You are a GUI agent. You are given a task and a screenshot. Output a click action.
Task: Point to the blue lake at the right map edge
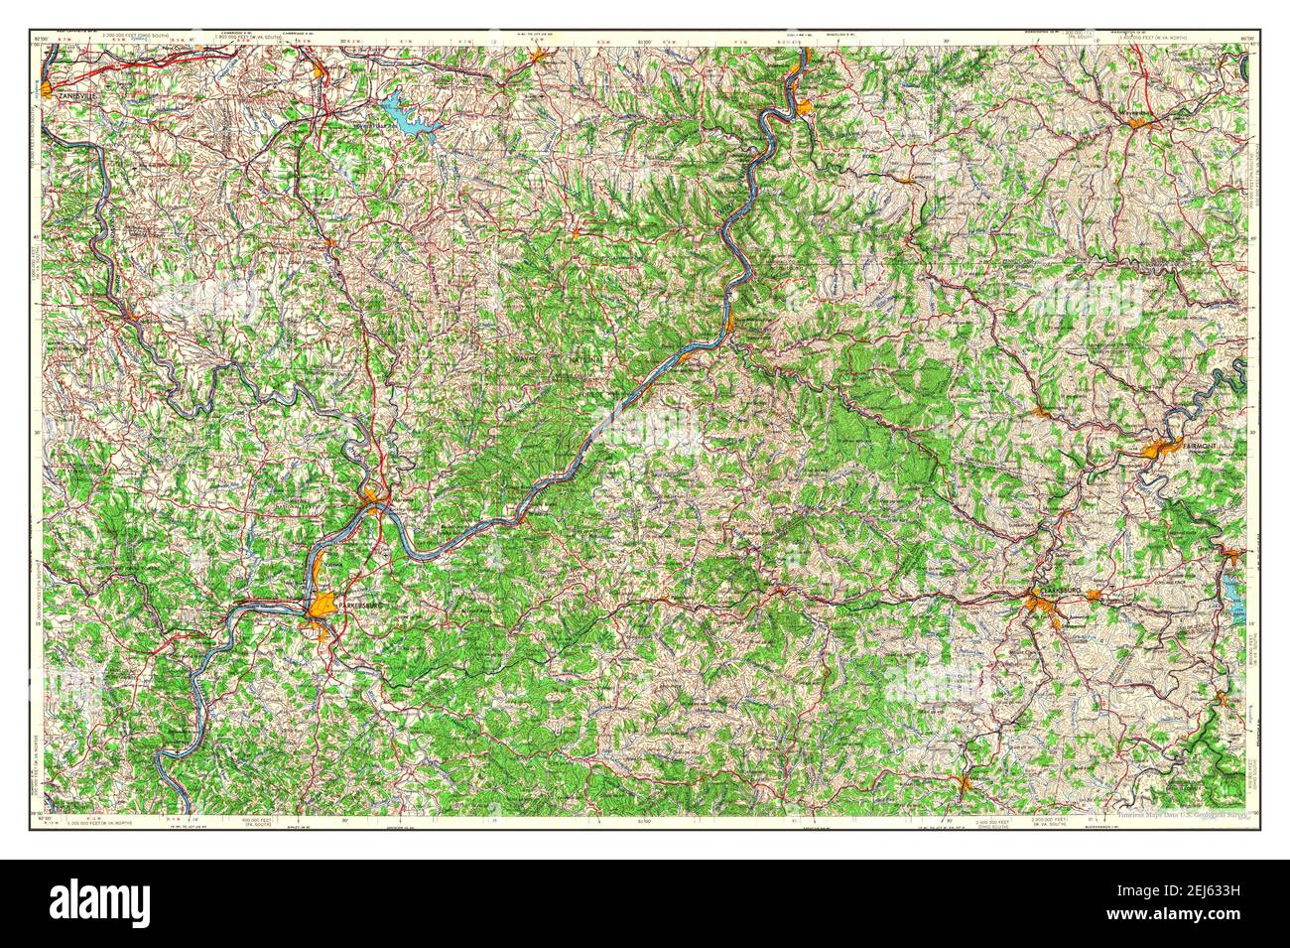coord(1232,599)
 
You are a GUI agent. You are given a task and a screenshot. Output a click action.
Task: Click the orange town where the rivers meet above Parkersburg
coord(373,494)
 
